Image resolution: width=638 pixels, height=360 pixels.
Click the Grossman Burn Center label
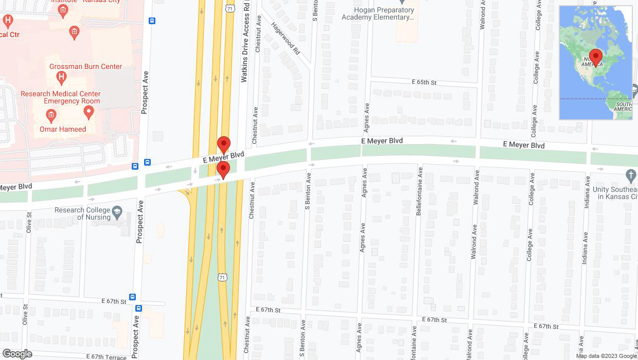tap(85, 66)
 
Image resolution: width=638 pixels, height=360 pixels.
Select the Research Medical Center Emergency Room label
tap(61, 97)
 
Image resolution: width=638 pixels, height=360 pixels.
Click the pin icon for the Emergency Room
tap(88, 112)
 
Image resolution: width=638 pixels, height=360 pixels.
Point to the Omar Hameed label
tap(63, 129)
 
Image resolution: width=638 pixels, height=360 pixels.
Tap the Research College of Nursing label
tap(82, 213)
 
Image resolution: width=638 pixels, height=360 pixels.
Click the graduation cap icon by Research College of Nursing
tap(117, 212)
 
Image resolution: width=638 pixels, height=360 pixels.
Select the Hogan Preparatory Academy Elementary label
tap(378, 13)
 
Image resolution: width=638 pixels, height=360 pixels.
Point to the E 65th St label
tap(424, 82)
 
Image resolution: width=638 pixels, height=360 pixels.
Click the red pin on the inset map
tap(596, 57)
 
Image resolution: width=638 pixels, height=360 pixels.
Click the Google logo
tap(17, 354)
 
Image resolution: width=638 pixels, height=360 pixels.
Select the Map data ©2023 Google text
tap(606, 356)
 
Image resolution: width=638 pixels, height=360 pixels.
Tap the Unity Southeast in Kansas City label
tap(615, 193)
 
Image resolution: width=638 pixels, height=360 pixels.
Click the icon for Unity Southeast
tap(631, 175)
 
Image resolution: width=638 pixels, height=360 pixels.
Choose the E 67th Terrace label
tap(107, 356)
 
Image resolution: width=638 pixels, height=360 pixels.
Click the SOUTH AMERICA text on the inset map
tap(623, 106)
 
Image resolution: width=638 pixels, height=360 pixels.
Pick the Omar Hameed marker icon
tap(50, 116)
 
